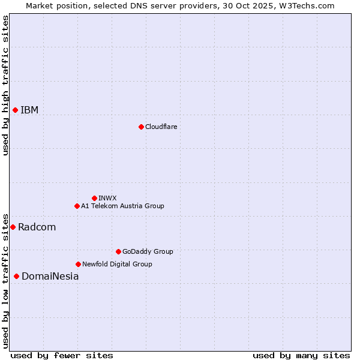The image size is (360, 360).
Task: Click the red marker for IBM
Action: (15, 110)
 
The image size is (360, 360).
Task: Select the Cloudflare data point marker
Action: (141, 127)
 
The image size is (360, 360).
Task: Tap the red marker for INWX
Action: (94, 198)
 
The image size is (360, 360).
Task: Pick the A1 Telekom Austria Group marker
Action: (77, 206)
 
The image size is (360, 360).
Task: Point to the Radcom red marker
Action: (13, 227)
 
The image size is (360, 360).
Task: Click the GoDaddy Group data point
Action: (118, 251)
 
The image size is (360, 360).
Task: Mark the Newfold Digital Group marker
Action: (78, 264)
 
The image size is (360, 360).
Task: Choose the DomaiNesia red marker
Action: (16, 276)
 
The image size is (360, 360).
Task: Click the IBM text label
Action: (29, 110)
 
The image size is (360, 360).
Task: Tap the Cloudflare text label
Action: (161, 127)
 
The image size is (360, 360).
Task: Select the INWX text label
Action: (107, 198)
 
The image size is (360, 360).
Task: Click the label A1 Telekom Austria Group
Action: (122, 206)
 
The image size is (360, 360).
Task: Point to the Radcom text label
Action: (37, 227)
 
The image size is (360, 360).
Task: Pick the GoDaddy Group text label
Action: (147, 251)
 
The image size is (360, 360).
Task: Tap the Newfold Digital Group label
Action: (117, 264)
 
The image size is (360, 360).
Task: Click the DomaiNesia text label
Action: (50, 276)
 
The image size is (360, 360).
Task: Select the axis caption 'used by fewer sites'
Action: (62, 355)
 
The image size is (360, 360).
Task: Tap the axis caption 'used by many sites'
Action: (301, 355)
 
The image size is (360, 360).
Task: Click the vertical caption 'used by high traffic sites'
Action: (5, 85)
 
